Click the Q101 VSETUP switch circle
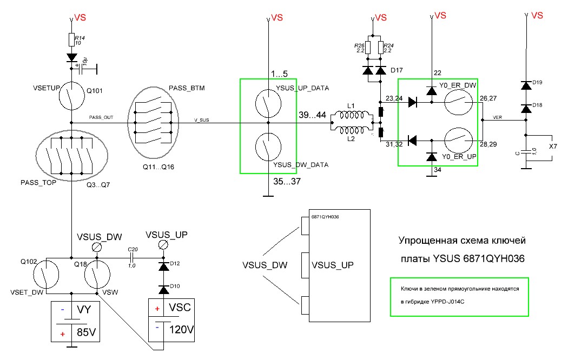(71, 96)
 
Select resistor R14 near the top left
(71, 39)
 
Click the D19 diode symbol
(525, 85)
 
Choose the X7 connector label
(553, 146)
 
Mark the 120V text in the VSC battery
(182, 330)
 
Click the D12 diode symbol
(162, 266)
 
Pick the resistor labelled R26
(368, 47)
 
